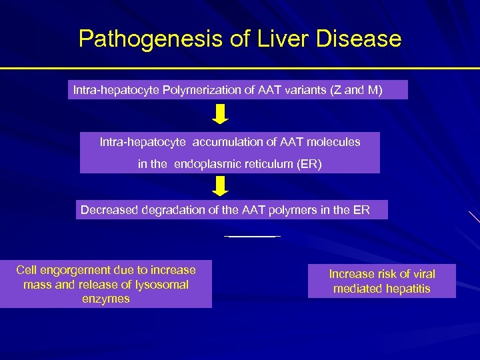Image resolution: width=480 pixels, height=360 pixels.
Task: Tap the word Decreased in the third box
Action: (x=107, y=210)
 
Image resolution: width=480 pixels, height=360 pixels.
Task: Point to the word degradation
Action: (x=167, y=210)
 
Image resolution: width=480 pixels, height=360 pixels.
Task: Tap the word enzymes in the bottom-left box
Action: (x=105, y=299)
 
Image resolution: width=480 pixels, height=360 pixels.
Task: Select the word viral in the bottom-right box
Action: (x=421, y=274)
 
